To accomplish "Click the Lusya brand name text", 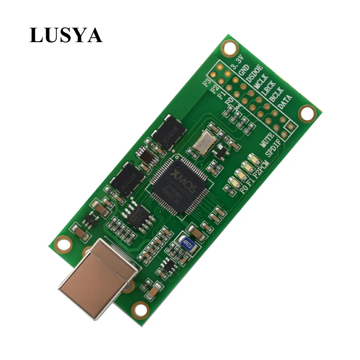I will [x=66, y=35].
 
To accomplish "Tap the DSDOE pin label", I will [x=254, y=73].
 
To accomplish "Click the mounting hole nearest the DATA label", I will [x=308, y=113].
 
